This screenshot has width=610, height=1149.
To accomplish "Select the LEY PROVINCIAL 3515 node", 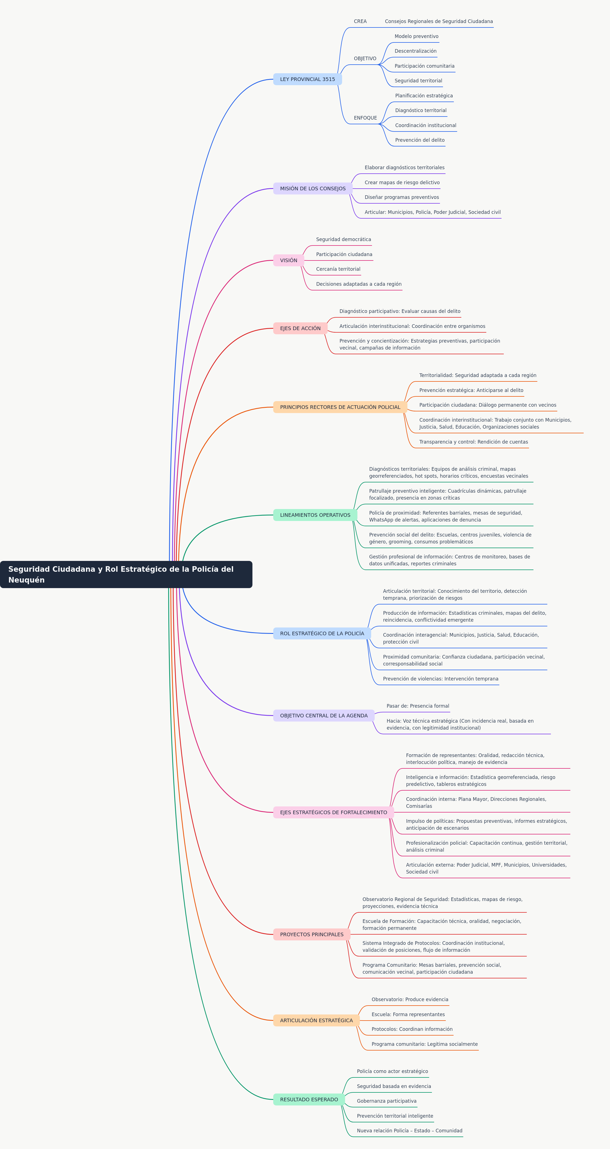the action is pos(307,79).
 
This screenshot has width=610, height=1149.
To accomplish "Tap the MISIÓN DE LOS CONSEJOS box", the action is pos(313,189).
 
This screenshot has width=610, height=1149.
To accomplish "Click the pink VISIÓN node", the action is pos(288,260).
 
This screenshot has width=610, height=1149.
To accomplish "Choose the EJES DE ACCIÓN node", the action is pos(300,328).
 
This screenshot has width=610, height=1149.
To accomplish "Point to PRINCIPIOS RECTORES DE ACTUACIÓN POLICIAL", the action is pos(340,407).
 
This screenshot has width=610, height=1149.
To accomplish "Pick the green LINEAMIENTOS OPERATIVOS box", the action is pos(315,515).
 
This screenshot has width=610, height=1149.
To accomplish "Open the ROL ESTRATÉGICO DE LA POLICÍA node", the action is pos(322,633).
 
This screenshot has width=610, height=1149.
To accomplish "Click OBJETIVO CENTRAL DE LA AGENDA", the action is pos(324,715).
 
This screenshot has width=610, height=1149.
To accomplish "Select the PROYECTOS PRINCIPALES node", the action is pos(312,935).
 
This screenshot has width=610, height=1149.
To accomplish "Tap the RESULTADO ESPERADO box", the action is pos(309,1100).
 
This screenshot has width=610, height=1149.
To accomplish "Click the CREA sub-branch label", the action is pos(360,21).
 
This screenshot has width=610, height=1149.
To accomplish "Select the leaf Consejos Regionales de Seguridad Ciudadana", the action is pos(439,21).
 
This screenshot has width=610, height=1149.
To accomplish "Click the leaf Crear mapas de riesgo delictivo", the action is pos(402,183).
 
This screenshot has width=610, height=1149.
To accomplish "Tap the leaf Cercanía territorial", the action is pos(338,269).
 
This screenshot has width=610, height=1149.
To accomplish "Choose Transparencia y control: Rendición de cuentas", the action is pos(474,442).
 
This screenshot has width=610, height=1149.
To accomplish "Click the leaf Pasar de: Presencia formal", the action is pos(418,706).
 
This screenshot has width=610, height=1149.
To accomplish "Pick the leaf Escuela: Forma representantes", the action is pos(408,1014).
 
